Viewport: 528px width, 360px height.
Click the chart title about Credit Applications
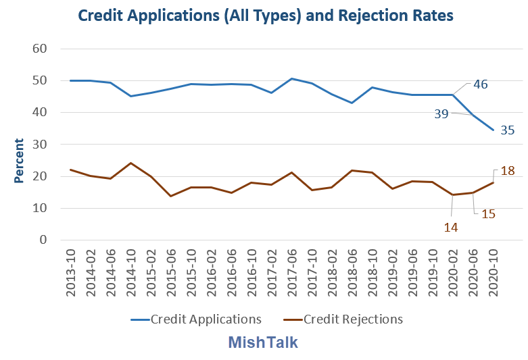[x=265, y=14]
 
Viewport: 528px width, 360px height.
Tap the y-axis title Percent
[x=20, y=161]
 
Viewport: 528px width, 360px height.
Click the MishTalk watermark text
[x=263, y=342]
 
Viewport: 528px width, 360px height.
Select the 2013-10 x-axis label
[x=72, y=271]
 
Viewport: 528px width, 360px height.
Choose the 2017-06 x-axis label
[x=292, y=271]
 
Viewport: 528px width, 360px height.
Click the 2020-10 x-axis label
[x=493, y=271]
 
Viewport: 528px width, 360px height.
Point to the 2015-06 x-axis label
[x=172, y=271]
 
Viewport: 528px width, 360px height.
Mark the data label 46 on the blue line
[x=480, y=85]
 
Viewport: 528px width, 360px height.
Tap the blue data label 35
[x=508, y=130]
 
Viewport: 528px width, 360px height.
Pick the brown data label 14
[x=451, y=228]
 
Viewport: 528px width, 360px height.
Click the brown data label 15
[x=489, y=213]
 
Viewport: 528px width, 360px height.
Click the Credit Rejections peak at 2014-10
[x=131, y=163]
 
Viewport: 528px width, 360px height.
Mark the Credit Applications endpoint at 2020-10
[x=493, y=130]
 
